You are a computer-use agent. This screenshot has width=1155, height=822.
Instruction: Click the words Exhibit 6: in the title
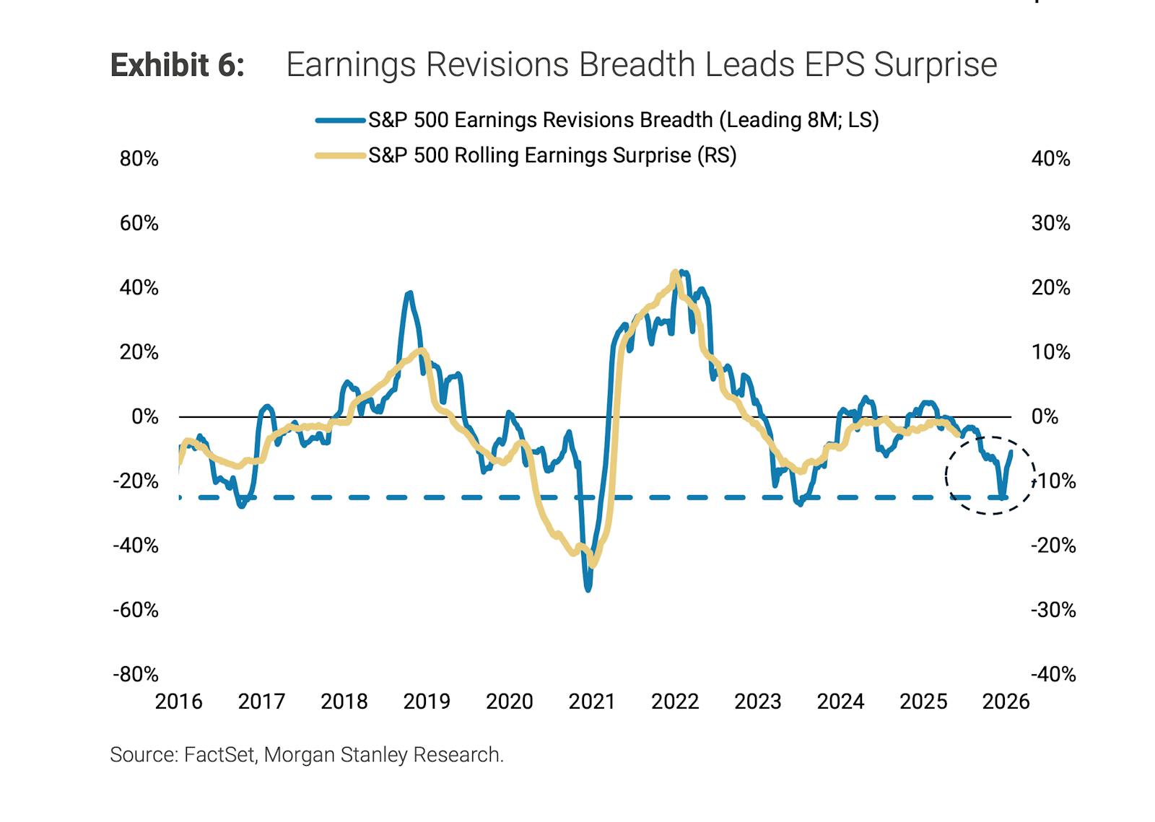[177, 65]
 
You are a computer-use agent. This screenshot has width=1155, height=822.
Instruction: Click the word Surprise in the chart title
[936, 65]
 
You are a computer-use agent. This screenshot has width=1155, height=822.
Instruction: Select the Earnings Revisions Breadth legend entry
[622, 120]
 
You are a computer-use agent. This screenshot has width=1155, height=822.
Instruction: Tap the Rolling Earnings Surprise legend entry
[552, 155]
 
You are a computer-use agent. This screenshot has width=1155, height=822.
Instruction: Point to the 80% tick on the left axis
[139, 159]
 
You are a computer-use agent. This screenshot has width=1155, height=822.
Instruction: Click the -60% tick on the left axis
[136, 610]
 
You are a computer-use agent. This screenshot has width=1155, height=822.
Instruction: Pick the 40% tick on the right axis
[1050, 159]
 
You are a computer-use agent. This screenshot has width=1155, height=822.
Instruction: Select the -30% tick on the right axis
[1052, 610]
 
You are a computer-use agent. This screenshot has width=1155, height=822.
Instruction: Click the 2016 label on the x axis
[178, 701]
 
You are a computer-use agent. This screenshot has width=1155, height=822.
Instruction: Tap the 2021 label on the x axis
[591, 701]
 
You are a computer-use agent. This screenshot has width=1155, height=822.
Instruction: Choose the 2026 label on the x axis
[1006, 701]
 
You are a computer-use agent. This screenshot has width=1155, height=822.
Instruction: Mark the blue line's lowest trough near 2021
[588, 589]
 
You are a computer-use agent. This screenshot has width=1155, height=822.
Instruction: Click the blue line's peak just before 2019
[409, 293]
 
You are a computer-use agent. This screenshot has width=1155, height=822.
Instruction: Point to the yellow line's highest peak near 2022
[675, 273]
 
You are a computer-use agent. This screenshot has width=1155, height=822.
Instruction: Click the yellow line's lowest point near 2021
[593, 564]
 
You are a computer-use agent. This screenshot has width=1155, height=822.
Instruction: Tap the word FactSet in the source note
[219, 755]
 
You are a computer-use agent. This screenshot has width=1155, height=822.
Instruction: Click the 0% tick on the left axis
[144, 416]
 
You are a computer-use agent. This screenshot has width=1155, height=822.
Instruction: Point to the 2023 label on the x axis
[757, 701]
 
